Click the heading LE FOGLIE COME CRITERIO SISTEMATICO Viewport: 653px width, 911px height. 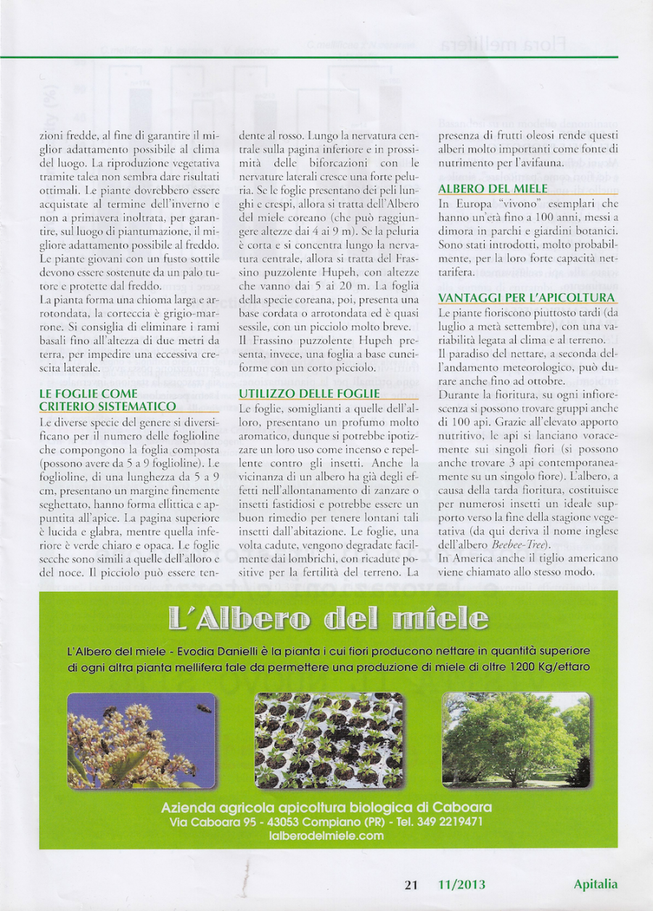107,400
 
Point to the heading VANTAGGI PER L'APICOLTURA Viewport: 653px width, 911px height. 527,298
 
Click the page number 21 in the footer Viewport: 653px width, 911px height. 411,884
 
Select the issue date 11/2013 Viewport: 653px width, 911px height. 462,884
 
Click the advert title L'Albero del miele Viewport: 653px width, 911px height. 328,619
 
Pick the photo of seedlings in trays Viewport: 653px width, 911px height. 329,740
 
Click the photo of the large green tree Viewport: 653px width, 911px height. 516,740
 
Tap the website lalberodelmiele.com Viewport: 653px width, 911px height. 326,836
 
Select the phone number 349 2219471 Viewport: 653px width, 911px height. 450,822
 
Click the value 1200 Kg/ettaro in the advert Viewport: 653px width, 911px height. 549,667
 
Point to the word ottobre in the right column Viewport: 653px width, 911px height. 541,381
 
